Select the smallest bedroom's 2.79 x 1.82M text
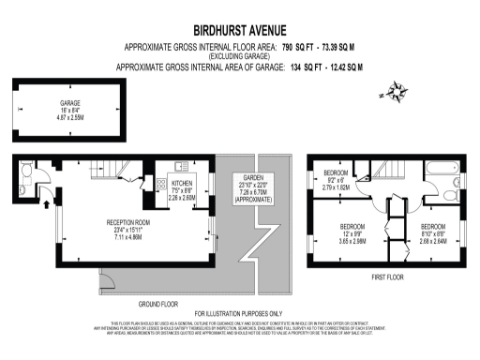pyautogui.click(x=336, y=187)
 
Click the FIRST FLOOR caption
pyautogui.click(x=387, y=278)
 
